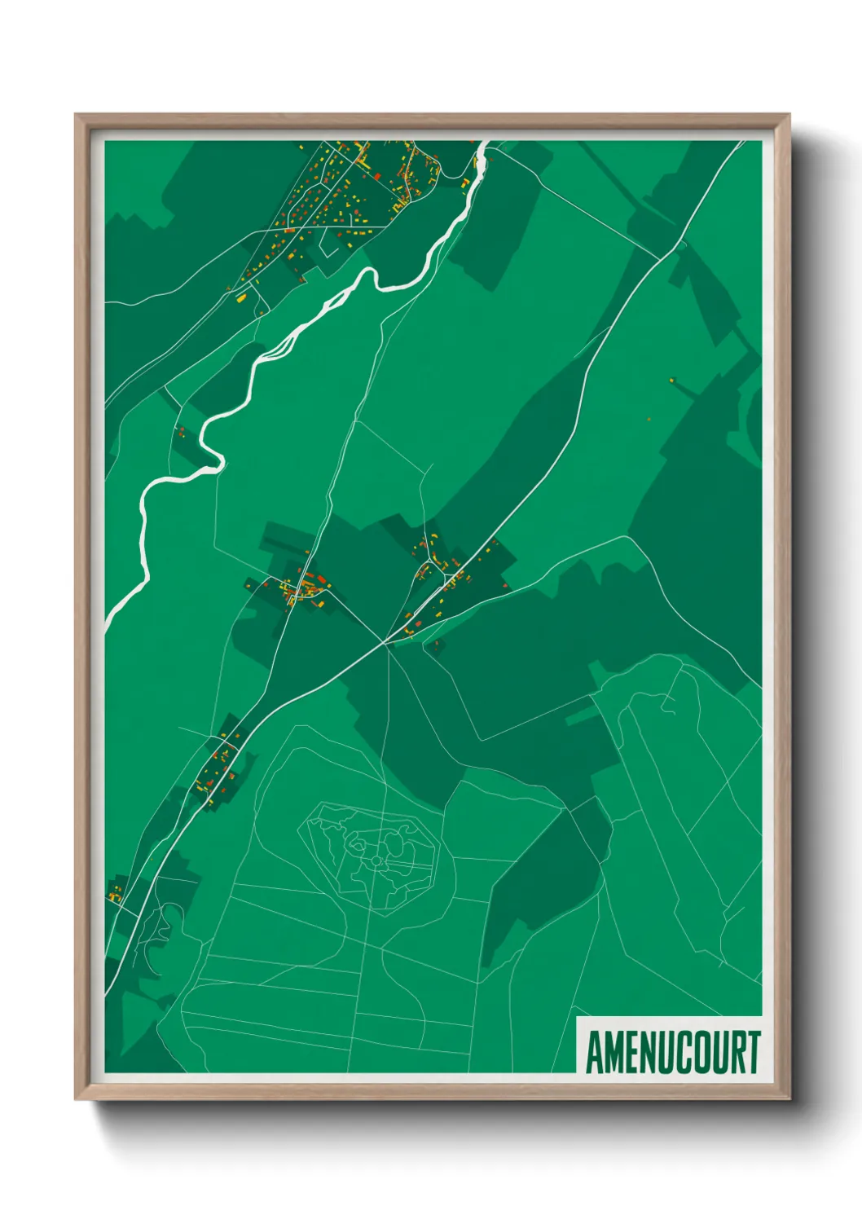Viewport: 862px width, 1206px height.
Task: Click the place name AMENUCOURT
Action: [x=672, y=1052]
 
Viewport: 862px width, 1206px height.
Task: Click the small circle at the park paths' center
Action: [x=376, y=860]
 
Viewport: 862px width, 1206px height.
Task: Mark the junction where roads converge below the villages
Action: [x=385, y=643]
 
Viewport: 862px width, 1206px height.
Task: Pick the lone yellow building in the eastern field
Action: [x=672, y=381]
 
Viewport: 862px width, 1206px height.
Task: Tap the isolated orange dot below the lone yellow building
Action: [x=649, y=420]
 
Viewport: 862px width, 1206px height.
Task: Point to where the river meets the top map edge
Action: [x=483, y=144]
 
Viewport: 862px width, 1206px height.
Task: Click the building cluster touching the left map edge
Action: [x=113, y=893]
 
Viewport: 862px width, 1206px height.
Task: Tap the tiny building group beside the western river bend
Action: [x=181, y=432]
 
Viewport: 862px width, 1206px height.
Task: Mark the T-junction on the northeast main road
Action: [x=660, y=258]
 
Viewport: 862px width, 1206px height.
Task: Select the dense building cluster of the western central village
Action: [x=301, y=588]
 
